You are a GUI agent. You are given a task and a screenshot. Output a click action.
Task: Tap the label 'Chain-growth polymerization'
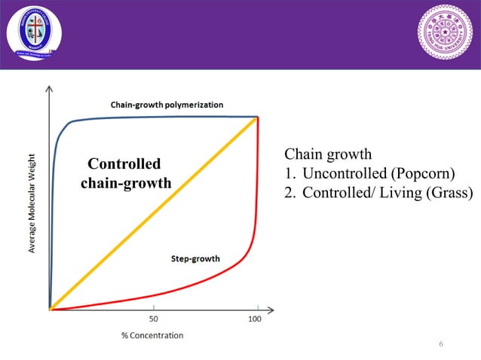(x=167, y=105)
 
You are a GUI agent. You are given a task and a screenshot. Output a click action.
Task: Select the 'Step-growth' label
(x=195, y=259)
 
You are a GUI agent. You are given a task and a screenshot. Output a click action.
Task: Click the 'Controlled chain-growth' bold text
(x=125, y=173)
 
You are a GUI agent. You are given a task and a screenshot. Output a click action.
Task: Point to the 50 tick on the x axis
(x=154, y=319)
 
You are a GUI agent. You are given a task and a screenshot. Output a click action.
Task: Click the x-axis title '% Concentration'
(x=152, y=335)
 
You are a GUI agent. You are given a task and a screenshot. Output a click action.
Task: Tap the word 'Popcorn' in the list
(x=424, y=174)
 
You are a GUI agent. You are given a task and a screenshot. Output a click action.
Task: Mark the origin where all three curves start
(x=50, y=309)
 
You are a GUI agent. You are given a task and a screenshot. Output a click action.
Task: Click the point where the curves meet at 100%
(x=258, y=117)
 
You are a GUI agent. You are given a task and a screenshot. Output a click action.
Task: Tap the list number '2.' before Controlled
(x=290, y=193)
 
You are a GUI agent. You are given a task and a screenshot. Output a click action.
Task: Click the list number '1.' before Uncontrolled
(x=290, y=174)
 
